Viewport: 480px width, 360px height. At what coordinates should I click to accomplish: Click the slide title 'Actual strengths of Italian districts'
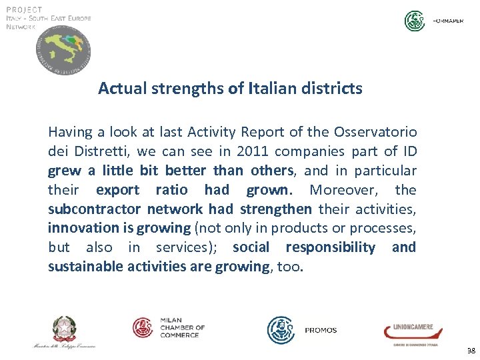[230, 88]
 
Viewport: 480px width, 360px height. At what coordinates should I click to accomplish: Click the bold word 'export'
[117, 190]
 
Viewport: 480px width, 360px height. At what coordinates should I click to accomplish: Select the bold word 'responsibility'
[331, 247]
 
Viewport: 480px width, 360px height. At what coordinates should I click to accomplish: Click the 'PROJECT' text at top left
[25, 9]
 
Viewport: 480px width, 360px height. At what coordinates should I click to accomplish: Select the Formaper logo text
[448, 21]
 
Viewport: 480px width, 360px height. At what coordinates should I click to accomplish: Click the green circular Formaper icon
[415, 21]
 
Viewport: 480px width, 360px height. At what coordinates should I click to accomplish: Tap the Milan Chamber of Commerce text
[182, 327]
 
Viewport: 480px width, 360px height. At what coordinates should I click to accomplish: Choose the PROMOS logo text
[321, 330]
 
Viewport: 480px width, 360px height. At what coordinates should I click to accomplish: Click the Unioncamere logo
[408, 331]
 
